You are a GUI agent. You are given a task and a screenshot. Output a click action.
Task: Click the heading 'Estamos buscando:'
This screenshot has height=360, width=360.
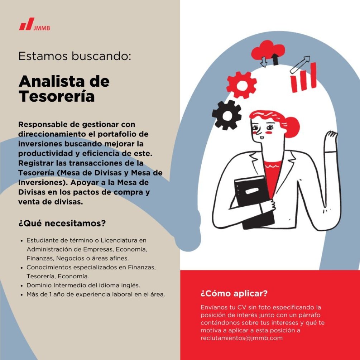[x=75, y=56]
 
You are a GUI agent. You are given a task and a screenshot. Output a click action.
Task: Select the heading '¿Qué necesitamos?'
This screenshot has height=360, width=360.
[x=62, y=224]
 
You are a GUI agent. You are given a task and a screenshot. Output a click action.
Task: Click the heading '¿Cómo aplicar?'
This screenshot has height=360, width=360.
[x=234, y=294]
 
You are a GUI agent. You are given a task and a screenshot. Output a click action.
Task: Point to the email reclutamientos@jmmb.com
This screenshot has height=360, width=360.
[x=241, y=338]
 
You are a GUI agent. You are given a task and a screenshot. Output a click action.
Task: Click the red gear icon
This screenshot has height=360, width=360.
[x=241, y=85]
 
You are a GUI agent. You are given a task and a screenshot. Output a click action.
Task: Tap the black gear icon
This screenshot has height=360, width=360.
[x=227, y=115]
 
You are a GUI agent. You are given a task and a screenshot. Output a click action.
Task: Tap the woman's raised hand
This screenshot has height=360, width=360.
[x=330, y=138]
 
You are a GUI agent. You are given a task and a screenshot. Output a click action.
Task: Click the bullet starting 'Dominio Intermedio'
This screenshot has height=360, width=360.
[x=83, y=285]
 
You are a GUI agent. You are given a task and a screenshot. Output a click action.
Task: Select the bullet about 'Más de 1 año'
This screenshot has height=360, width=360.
[x=95, y=295]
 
